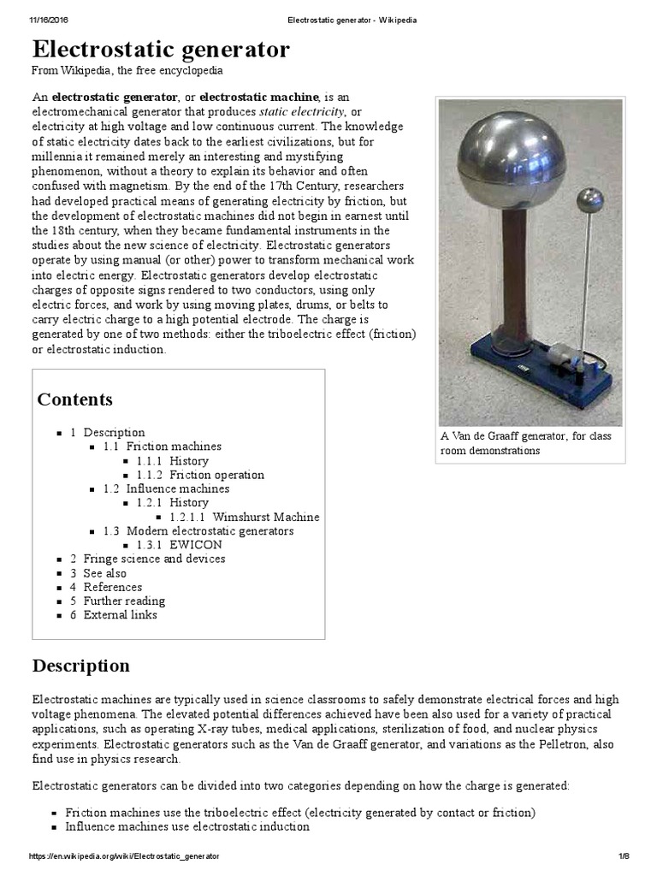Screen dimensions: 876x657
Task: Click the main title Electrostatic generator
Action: [x=161, y=50]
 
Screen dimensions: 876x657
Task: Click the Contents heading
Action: [x=74, y=400]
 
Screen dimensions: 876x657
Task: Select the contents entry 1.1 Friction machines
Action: [x=162, y=447]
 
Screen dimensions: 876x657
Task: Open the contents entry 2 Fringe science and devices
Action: [x=147, y=559]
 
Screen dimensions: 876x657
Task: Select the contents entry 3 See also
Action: [x=98, y=573]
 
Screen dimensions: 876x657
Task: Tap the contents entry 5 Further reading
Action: [x=117, y=601]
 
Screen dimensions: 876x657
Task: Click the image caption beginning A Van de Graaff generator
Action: [x=526, y=443]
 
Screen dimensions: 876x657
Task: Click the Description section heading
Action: [x=81, y=666]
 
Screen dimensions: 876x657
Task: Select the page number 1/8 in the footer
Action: [x=623, y=856]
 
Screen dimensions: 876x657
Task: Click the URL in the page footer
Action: [x=125, y=856]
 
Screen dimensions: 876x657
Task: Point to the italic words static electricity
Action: [x=301, y=112]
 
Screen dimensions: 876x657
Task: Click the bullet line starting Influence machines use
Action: [x=187, y=827]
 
